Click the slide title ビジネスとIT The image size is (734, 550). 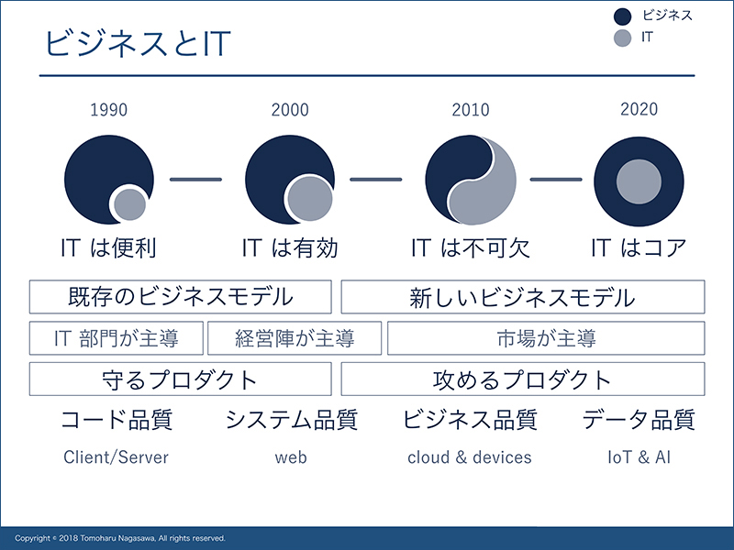pos(138,43)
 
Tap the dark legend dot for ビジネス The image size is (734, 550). pos(623,16)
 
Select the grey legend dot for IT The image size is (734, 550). pos(623,38)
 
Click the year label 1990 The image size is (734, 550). pos(108,110)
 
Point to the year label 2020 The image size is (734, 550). pos(639,109)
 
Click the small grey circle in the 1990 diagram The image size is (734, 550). pos(129,204)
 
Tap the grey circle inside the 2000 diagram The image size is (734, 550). pos(310,199)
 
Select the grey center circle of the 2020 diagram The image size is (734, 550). pos(639,181)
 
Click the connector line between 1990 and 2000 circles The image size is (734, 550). pos(195,179)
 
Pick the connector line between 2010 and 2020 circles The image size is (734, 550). pos(556,179)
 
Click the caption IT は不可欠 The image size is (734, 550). pos(471,247)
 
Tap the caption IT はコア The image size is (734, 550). pos(639,247)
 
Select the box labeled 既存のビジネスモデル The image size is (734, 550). pos(180,297)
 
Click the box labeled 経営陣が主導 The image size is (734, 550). pos(295,338)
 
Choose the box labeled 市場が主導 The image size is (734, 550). pos(546,338)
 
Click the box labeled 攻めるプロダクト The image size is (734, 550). pos(523,379)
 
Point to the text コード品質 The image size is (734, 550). pos(117,419)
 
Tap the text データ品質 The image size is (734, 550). pos(639,419)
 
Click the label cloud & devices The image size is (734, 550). pos(470,456)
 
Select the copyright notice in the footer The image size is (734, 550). pos(120,538)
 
